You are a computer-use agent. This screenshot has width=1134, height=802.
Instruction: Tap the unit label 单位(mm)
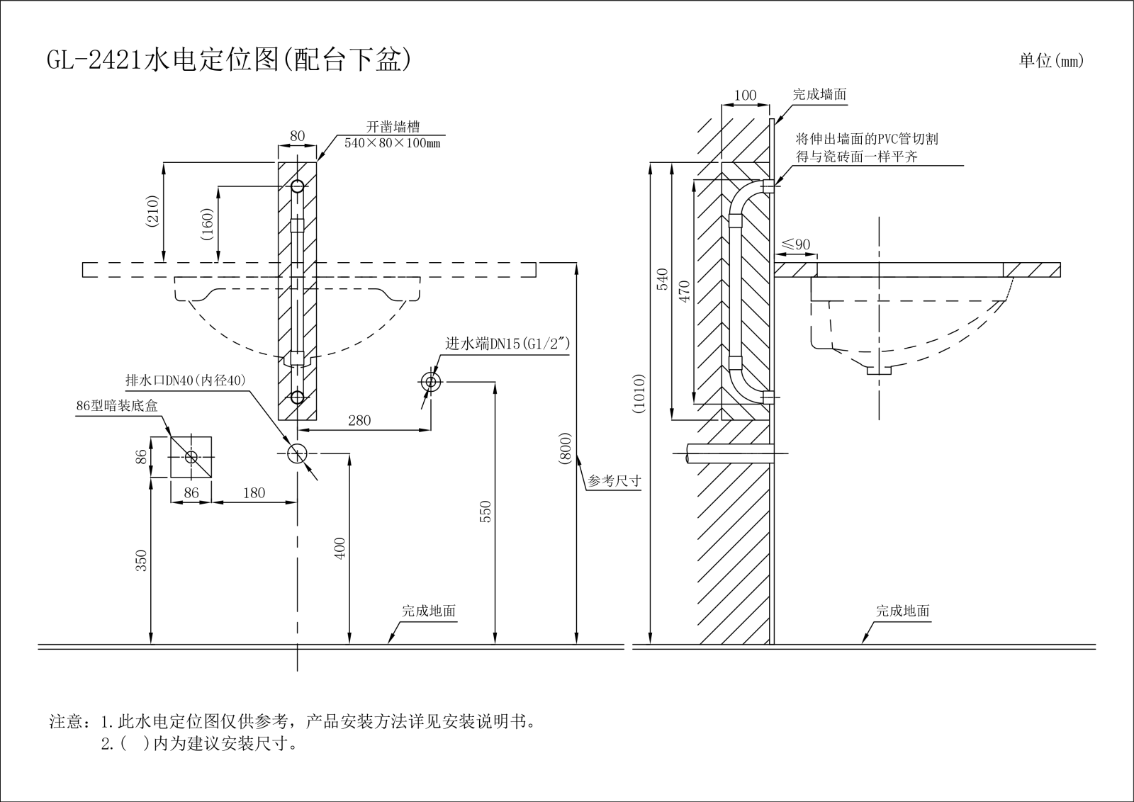click(1051, 61)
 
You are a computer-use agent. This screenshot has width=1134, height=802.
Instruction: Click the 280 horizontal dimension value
click(359, 420)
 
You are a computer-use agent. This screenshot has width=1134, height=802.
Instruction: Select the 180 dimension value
click(254, 493)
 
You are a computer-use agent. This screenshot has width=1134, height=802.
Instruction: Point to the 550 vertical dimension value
click(485, 512)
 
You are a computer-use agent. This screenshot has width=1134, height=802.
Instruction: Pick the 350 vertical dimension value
click(142, 560)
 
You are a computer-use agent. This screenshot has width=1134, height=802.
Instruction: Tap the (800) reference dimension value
click(566, 448)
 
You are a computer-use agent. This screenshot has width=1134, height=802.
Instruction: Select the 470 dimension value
click(684, 292)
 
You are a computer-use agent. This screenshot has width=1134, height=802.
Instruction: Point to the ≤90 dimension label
click(796, 245)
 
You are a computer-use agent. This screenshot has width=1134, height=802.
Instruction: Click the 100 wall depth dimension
click(745, 96)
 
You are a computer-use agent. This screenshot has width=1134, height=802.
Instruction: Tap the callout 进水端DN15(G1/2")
click(507, 344)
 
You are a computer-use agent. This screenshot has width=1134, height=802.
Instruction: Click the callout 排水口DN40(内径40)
click(186, 380)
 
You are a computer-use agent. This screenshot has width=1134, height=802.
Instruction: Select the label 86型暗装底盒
click(117, 406)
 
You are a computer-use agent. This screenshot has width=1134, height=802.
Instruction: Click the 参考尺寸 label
click(614, 481)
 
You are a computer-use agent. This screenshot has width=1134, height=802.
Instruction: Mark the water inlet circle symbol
click(430, 382)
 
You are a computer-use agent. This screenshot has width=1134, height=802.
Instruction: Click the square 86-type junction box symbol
click(191, 457)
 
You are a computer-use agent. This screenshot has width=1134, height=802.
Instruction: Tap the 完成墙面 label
click(819, 94)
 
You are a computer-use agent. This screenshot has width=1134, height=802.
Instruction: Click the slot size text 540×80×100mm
click(392, 143)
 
